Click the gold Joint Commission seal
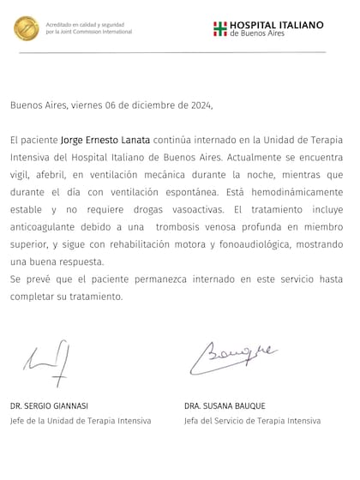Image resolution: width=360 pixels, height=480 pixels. pos(25,28)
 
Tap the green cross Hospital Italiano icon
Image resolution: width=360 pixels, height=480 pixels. pos(219,28)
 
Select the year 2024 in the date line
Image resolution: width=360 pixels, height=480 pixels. pos(196,105)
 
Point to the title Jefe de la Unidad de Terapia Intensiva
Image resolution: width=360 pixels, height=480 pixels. pos(81,420)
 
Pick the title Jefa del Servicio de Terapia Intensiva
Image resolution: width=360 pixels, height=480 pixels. pos(252,420)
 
